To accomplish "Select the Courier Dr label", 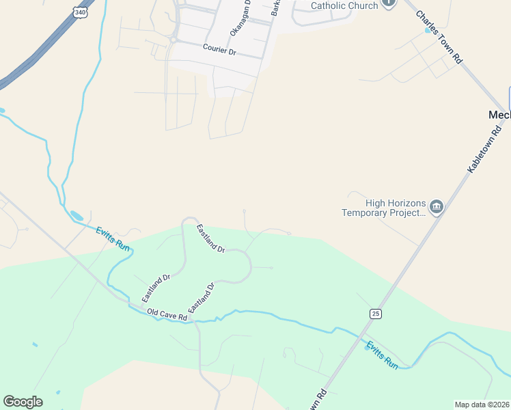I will pos(219,50).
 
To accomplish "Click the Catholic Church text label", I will pos(344,6).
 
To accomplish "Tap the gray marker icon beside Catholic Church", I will pos(389,3).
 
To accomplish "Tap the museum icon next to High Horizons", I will pos(437,206).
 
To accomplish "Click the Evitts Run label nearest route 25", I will pos(381,355).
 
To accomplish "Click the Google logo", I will pos(23,402).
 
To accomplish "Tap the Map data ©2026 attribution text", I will pos(482,405).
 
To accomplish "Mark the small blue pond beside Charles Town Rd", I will pos(428,30).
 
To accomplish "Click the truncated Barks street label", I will pos(275,8).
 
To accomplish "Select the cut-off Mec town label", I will pos(499,115).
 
